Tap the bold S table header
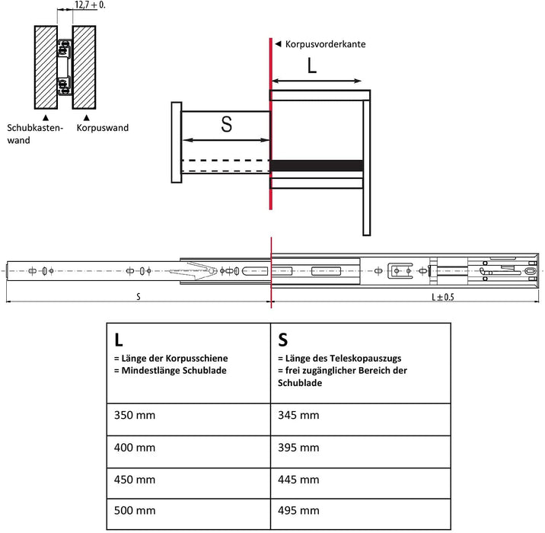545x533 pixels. (x=284, y=338)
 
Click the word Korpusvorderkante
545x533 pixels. (x=325, y=44)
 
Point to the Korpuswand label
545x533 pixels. (x=103, y=128)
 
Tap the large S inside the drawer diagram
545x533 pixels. (x=226, y=125)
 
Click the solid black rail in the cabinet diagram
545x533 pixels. (x=317, y=165)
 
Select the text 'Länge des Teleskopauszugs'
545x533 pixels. (x=342, y=358)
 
